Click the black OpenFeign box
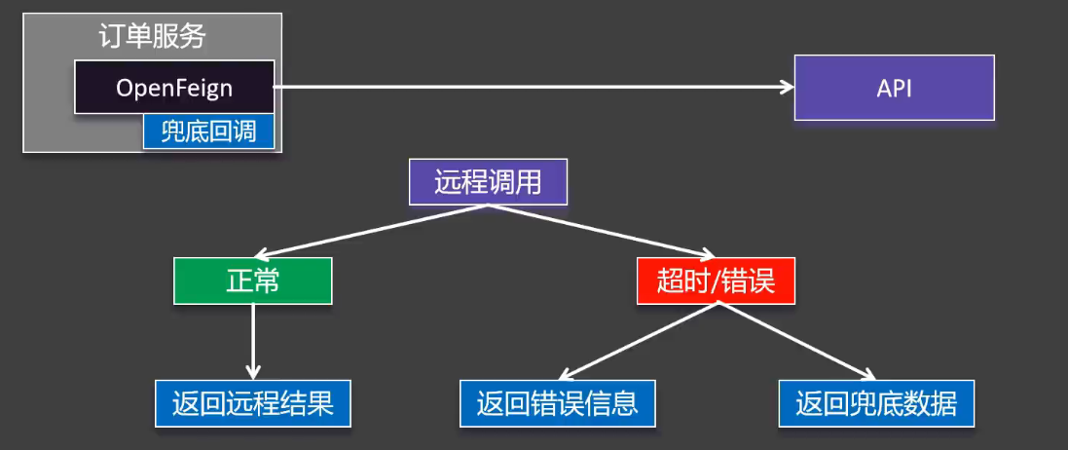tap(174, 87)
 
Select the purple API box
tap(894, 88)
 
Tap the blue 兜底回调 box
tap(208, 131)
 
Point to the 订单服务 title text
tap(153, 37)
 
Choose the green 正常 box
tap(253, 281)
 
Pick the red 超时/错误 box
tap(716, 281)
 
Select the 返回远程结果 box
tap(252, 403)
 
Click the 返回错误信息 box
tap(557, 403)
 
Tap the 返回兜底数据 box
tap(875, 403)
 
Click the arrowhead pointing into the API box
tap(787, 88)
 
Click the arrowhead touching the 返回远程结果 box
tap(253, 371)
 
